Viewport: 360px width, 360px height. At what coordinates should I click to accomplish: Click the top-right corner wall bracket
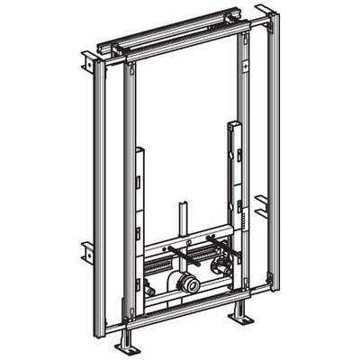(x=262, y=17)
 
